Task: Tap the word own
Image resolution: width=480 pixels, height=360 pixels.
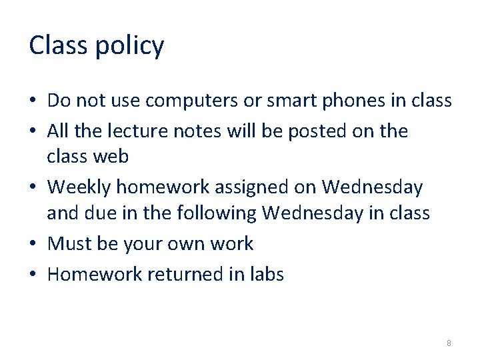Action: click(187, 244)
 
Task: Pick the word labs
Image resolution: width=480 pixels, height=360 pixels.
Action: click(265, 274)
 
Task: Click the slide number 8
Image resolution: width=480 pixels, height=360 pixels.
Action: click(449, 343)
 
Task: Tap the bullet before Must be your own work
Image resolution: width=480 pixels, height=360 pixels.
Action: click(33, 244)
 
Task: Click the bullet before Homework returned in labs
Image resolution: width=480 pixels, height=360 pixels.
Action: click(33, 274)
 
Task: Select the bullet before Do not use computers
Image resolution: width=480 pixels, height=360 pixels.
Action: click(33, 101)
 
